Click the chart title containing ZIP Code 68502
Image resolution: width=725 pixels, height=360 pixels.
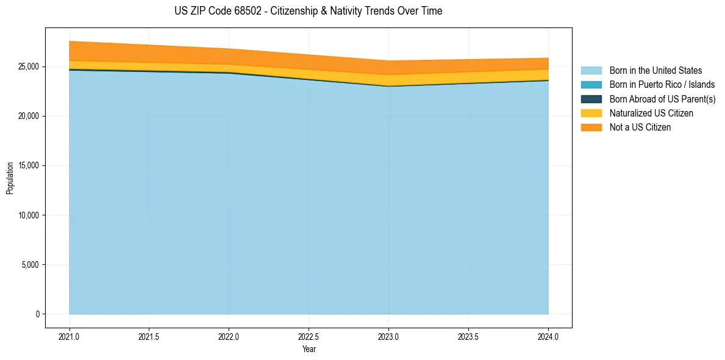tap(308, 11)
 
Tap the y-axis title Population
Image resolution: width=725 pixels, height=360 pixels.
tap(10, 178)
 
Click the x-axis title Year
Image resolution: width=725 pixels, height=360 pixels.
tap(309, 349)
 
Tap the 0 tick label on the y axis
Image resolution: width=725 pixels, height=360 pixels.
tap(37, 314)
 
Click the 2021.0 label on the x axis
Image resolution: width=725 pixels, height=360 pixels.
tap(70, 336)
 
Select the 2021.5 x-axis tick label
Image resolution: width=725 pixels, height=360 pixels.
tap(149, 336)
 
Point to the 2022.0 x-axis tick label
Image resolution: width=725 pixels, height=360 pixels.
tap(229, 336)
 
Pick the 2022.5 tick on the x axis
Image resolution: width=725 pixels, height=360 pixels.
tap(309, 336)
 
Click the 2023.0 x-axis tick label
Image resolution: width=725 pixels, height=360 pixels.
tap(389, 336)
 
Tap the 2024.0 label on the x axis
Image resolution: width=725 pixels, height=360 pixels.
tap(548, 336)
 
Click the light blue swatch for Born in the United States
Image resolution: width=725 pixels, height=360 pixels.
tap(591, 71)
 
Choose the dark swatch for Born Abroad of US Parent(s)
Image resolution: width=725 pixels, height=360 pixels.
tap(591, 99)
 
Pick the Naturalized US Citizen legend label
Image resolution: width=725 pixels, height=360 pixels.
tap(651, 113)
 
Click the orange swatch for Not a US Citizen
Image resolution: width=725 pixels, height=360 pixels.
tap(591, 127)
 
